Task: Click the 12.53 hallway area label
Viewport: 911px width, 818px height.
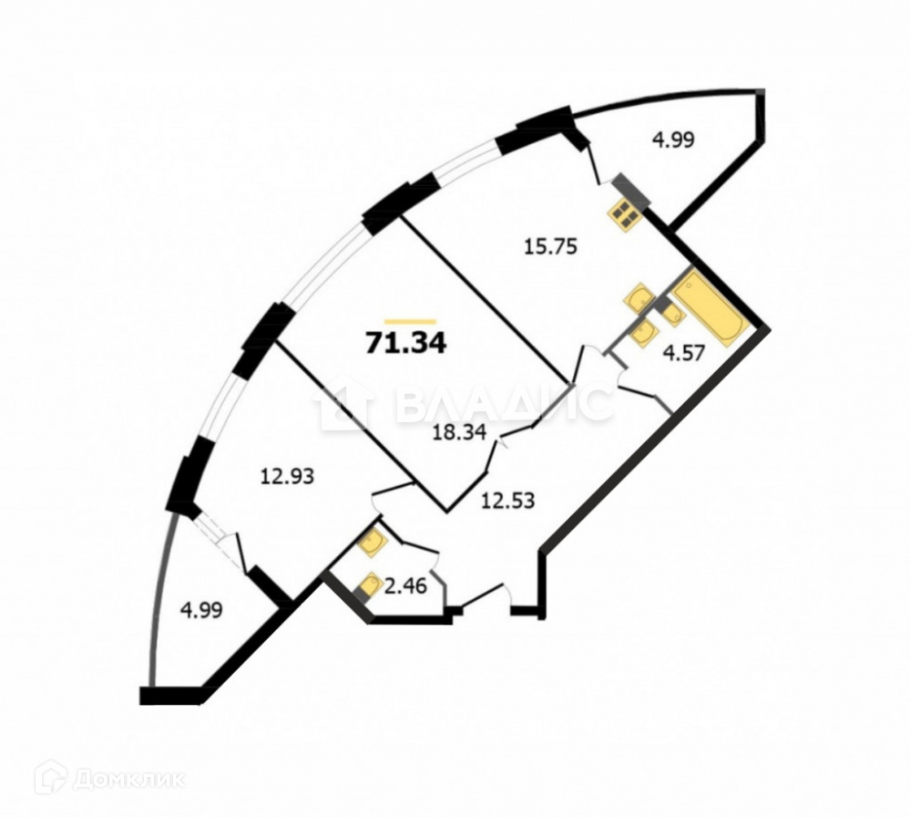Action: (x=508, y=499)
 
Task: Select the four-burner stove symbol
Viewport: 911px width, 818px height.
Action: (x=626, y=214)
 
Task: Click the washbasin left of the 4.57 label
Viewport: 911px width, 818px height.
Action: (x=643, y=332)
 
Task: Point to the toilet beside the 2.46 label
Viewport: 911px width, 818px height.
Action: (x=371, y=584)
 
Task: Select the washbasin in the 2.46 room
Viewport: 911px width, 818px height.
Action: (x=372, y=544)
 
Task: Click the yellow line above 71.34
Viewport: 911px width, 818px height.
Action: (x=410, y=320)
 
